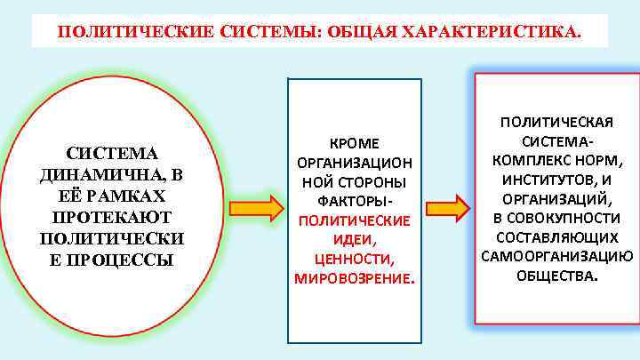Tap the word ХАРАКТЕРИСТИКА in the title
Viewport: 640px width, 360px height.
[492, 32]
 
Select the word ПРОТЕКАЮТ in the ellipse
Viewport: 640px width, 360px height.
[111, 218]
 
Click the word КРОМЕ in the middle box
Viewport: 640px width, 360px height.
[354, 144]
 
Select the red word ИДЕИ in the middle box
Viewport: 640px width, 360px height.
[354, 240]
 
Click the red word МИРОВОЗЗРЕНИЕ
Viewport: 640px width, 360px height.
[352, 278]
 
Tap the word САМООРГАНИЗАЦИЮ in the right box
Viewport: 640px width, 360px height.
[556, 256]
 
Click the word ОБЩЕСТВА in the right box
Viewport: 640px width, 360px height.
[556, 275]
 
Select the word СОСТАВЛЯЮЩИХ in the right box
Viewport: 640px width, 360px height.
[556, 237]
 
